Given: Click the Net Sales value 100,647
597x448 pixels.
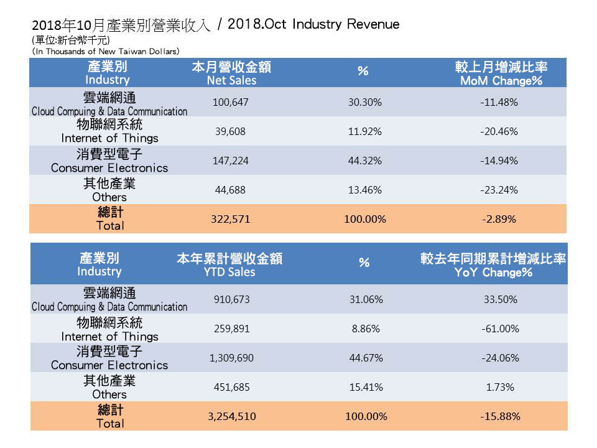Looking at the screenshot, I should [231, 102].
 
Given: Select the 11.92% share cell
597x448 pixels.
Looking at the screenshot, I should [365, 131].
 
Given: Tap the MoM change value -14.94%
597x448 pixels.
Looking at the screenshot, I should [499, 161].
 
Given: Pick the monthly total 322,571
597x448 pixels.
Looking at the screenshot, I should [231, 219].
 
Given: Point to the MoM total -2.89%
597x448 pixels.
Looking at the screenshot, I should [499, 219].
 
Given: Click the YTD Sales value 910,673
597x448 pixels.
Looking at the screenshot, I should [231, 299].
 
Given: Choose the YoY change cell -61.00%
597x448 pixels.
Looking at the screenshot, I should [499, 329].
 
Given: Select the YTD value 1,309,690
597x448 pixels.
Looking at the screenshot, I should [231, 358].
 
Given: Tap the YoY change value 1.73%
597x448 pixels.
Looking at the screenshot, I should [499, 387].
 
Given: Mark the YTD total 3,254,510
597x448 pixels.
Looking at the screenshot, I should [231, 416].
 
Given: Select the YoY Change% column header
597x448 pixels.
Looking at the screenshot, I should [493, 266].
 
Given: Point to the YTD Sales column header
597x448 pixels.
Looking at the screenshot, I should [230, 266].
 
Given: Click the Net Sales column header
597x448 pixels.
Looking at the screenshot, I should [231, 74].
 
